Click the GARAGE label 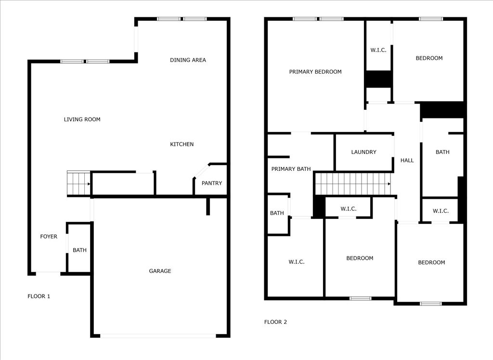coord(160,271)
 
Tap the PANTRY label coord(212,183)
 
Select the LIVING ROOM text coord(82,119)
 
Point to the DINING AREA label coord(188,60)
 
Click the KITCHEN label coord(182,144)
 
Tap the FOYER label coord(49,236)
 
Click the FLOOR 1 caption coord(39,296)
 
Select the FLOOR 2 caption coord(275,322)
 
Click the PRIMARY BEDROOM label coord(315,72)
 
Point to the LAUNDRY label coord(364,152)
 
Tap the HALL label coord(407,160)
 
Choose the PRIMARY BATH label coord(291,169)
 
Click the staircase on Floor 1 coord(78,183)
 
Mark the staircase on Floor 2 coord(353,184)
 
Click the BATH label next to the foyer coord(79,250)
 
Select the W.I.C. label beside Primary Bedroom coord(378,51)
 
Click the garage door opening coord(158,336)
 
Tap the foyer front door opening coord(48,273)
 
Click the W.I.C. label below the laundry coord(349,209)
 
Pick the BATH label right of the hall coord(442,152)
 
